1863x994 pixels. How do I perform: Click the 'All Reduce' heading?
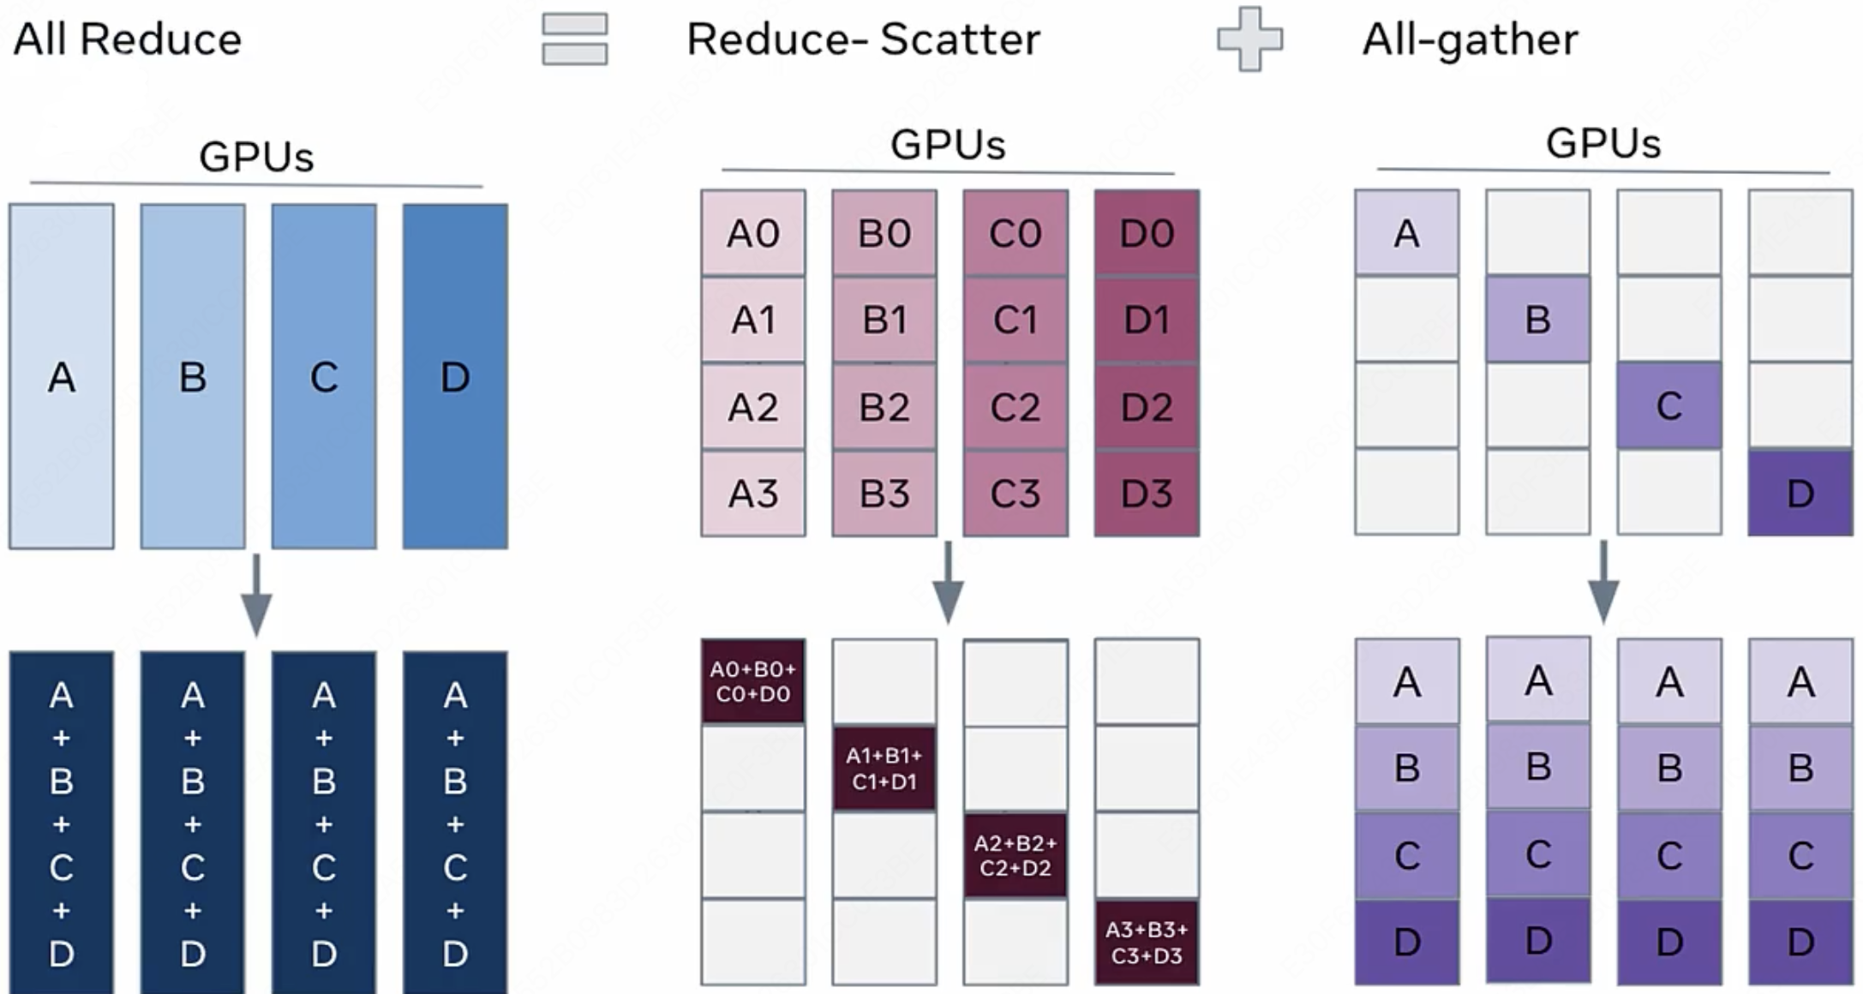(128, 39)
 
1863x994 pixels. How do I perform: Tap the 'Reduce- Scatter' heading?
(863, 39)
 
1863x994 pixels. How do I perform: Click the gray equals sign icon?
(575, 39)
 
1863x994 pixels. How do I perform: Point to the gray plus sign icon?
(1250, 39)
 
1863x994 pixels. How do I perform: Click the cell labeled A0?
(753, 233)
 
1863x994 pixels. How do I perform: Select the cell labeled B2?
(884, 407)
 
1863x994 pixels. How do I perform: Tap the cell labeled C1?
(1015, 320)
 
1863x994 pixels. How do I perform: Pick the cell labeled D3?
(1147, 494)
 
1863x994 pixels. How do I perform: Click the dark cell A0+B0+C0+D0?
(753, 681)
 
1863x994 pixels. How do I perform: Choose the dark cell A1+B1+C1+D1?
(884, 769)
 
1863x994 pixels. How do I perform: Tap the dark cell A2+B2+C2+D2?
(1015, 855)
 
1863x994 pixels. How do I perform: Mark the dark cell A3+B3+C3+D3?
(1147, 942)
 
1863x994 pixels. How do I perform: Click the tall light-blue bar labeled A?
(62, 376)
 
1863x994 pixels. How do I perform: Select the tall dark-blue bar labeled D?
(455, 376)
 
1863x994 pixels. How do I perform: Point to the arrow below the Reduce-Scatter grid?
(948, 582)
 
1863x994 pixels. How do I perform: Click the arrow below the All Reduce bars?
(256, 596)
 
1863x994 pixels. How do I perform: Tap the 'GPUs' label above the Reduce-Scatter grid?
(948, 144)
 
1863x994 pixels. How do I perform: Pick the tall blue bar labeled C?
(324, 376)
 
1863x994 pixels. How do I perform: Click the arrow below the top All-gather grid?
(1603, 582)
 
